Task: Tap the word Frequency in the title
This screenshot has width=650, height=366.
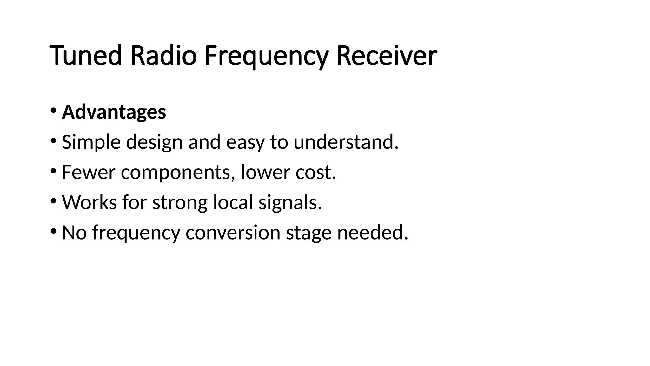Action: point(266,57)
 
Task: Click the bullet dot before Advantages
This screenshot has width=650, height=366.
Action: point(53,110)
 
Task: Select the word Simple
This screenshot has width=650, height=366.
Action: point(91,142)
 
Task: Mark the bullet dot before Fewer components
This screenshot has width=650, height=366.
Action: point(53,171)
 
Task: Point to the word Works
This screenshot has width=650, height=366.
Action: point(90,202)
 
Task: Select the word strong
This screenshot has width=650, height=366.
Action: point(180,203)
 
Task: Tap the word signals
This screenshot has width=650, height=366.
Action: point(290,202)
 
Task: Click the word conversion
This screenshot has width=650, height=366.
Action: point(233,232)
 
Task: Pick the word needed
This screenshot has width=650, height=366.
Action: point(373,232)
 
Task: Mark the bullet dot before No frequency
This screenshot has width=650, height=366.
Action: point(53,231)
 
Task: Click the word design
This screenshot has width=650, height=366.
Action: point(154,142)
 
